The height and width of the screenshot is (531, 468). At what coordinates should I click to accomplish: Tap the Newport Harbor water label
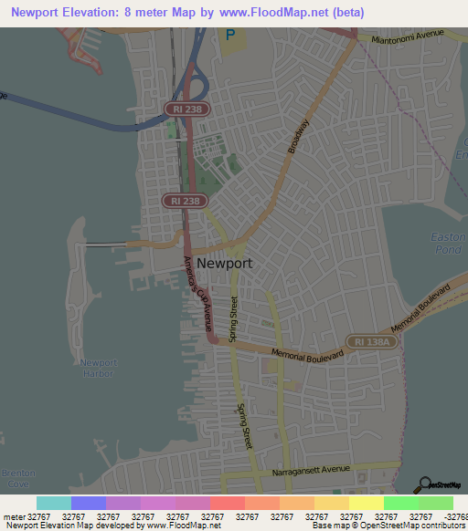pos(98,369)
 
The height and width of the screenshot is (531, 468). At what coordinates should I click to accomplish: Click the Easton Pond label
pos(448,243)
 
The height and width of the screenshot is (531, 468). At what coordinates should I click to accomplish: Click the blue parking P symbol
pos(230,36)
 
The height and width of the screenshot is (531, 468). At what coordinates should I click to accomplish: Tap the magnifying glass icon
pos(425,485)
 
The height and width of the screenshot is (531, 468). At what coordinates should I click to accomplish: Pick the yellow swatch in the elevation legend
pos(366,503)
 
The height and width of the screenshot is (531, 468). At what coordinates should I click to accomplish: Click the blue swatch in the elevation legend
pos(89,503)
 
